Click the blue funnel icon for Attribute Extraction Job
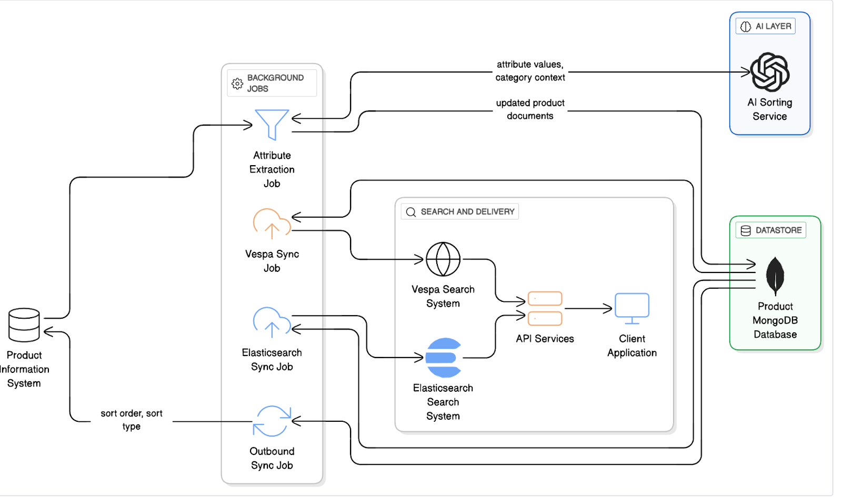[272, 124]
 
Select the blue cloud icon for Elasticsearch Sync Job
[272, 322]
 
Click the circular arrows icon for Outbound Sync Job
[272, 421]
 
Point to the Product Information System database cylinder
[24, 324]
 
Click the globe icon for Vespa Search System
[443, 259]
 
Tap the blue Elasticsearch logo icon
[443, 358]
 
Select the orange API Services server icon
[545, 309]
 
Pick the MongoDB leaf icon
[775, 276]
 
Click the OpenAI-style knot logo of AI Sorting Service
[769, 72]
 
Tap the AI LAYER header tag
[766, 26]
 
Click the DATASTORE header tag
[771, 230]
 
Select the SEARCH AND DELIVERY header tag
[460, 211]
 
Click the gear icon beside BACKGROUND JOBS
[237, 83]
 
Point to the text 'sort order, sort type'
[132, 420]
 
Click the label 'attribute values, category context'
[530, 71]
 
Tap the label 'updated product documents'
[530, 109]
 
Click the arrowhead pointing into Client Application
[608, 309]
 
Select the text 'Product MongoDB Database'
[775, 320]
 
